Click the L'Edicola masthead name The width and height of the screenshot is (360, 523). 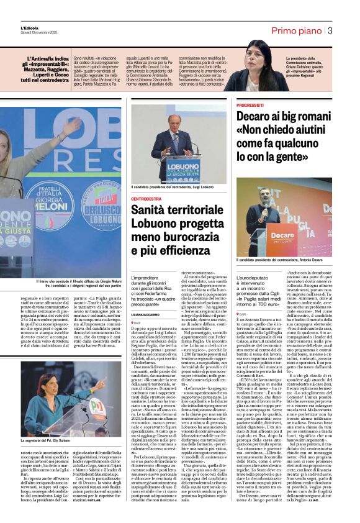(x=29, y=28)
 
